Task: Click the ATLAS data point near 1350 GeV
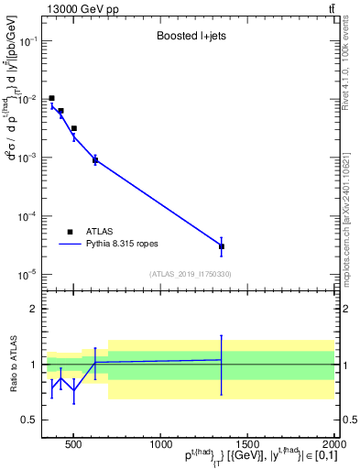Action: click(222, 246)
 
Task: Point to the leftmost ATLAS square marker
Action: click(52, 98)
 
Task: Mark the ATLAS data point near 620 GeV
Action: click(95, 160)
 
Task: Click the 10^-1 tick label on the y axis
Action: click(28, 41)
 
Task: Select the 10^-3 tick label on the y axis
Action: click(28, 158)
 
